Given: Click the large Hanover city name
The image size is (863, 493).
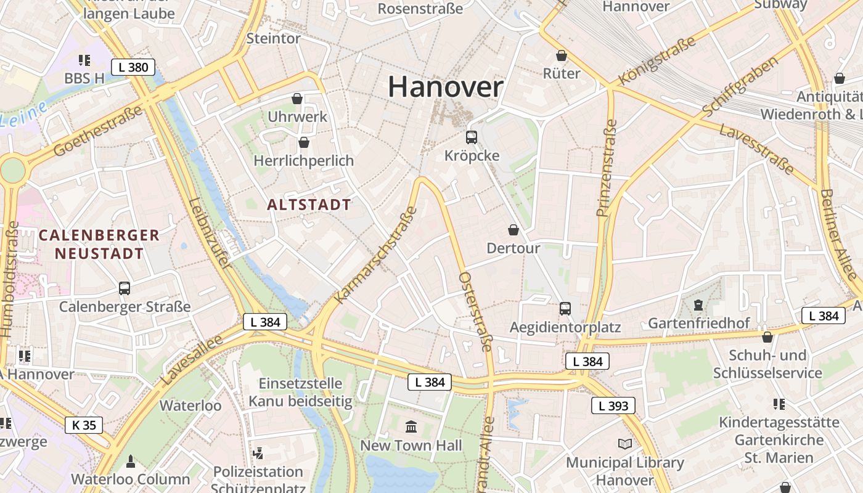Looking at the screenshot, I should [446, 87].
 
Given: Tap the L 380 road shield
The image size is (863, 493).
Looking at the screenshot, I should [133, 67].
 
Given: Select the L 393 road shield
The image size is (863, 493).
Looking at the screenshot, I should [613, 405].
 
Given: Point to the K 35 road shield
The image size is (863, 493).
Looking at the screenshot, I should [84, 425].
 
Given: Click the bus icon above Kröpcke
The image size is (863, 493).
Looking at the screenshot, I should [472, 137].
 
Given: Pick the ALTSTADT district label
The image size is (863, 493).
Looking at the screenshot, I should [309, 205].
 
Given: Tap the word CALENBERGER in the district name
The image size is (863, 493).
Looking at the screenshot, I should [99, 235].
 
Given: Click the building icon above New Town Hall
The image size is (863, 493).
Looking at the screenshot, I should [411, 426].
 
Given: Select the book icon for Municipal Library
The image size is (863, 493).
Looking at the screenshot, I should [625, 444].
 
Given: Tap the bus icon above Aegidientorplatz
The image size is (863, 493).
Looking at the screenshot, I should [565, 309].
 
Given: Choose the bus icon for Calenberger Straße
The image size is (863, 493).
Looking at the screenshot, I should [125, 288].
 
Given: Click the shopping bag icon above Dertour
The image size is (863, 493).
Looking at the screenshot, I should [513, 230].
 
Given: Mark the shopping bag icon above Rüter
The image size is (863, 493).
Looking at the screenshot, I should [562, 55].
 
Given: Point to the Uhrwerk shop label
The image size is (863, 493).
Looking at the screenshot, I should [297, 116].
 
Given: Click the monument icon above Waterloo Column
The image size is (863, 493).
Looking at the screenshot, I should [130, 460].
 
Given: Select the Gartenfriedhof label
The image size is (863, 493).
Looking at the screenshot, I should [698, 324].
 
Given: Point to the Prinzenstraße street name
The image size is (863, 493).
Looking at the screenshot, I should [607, 168].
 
